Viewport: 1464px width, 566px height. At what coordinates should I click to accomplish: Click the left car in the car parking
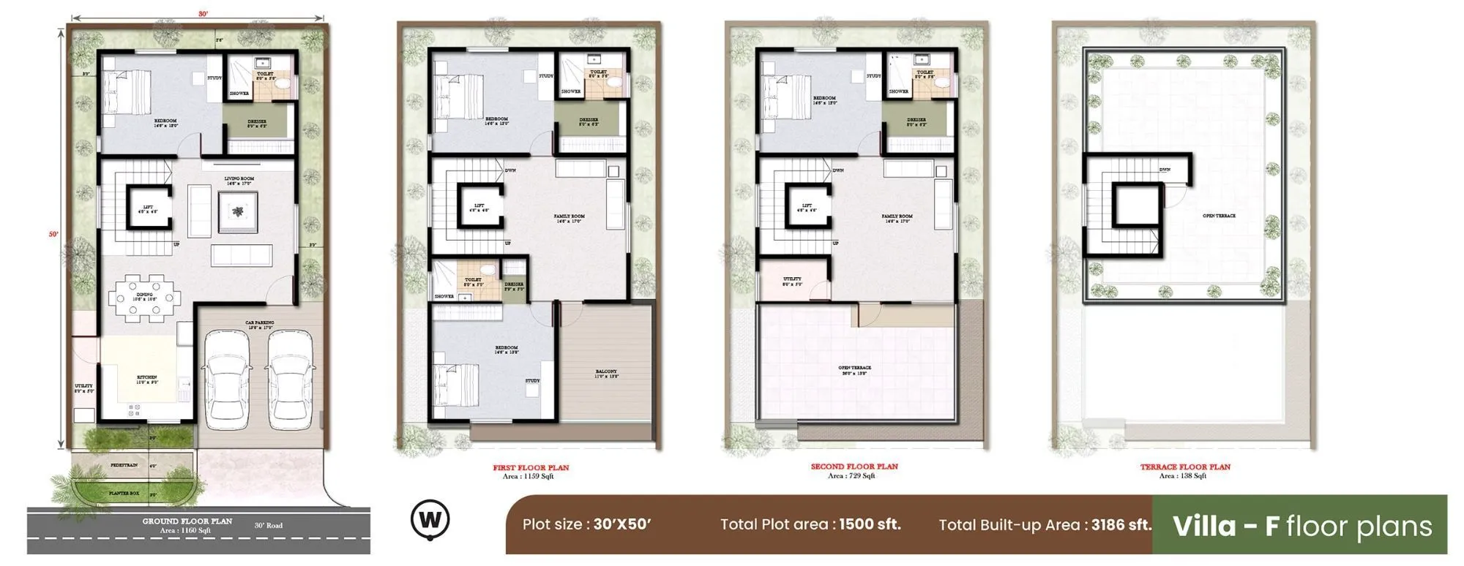click(226, 380)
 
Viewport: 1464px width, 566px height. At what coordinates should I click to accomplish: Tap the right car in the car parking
click(291, 380)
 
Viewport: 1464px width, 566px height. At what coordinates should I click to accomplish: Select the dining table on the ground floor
click(144, 298)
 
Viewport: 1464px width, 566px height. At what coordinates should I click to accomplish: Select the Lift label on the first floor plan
click(479, 206)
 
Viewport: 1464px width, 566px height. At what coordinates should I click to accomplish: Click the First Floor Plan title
click(531, 467)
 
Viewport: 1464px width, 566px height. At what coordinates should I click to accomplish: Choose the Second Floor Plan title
click(854, 467)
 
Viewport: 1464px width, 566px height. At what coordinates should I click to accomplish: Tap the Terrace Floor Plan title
click(1185, 467)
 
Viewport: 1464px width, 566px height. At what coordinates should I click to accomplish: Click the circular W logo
click(430, 520)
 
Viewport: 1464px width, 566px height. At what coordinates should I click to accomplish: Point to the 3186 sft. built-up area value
click(1121, 524)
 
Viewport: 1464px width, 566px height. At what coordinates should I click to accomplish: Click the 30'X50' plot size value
click(622, 524)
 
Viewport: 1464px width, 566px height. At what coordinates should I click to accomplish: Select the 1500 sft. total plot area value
click(870, 524)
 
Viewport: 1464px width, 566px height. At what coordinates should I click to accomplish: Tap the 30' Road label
click(269, 525)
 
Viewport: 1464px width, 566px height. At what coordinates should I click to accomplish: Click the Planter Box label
click(124, 494)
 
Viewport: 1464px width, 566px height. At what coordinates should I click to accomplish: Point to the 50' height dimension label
click(53, 234)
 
